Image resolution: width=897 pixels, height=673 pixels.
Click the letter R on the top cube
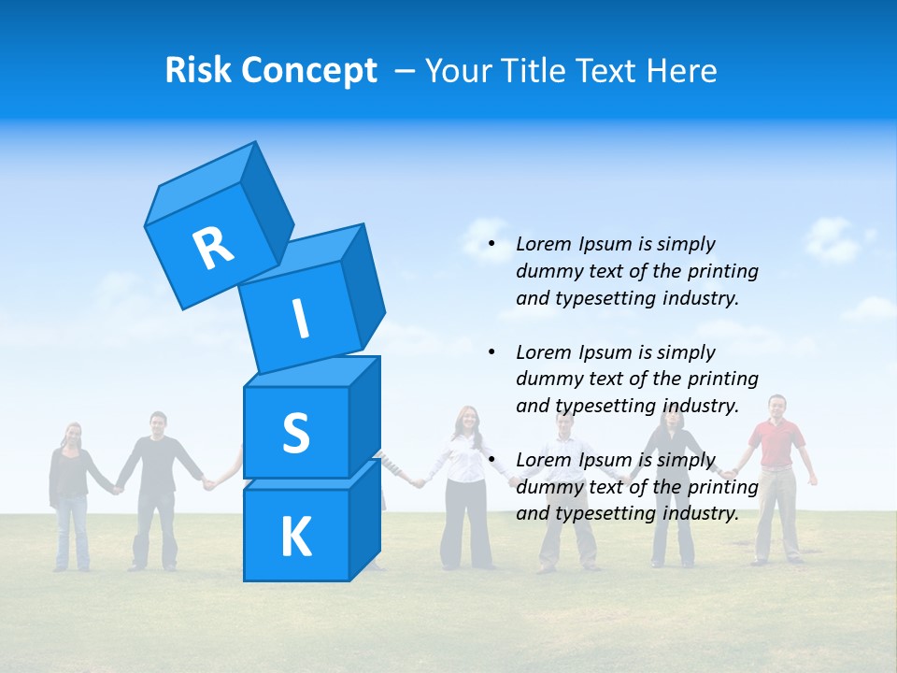point(213,248)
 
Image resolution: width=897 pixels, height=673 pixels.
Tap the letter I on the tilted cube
point(301,320)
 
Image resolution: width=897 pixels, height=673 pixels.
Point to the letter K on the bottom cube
point(295,537)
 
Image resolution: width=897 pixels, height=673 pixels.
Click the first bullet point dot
point(491,245)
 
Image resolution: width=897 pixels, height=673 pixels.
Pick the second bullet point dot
point(491,352)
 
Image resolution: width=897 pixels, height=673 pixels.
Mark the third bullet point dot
point(491,460)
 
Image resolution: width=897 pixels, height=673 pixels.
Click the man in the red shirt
point(776,449)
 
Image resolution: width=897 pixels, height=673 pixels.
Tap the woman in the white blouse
point(464,467)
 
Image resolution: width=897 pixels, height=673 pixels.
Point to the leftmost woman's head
point(72,435)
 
